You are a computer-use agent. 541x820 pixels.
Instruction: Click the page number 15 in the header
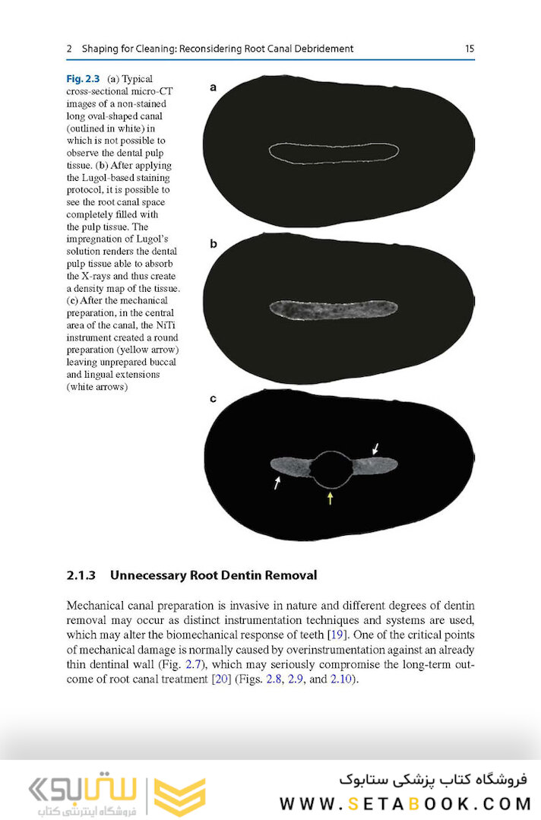(469, 49)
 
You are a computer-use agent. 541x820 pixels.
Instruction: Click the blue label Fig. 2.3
(83, 78)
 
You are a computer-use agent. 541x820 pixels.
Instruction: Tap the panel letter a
(214, 87)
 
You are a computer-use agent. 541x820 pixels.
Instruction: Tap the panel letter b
(214, 244)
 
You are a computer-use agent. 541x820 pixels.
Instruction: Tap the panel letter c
(214, 397)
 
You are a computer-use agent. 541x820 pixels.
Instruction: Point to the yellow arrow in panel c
(330, 498)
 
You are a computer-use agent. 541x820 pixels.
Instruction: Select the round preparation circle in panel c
(331, 470)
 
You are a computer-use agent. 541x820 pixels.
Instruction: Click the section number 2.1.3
(81, 575)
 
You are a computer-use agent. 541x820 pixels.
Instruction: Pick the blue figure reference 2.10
(340, 679)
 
